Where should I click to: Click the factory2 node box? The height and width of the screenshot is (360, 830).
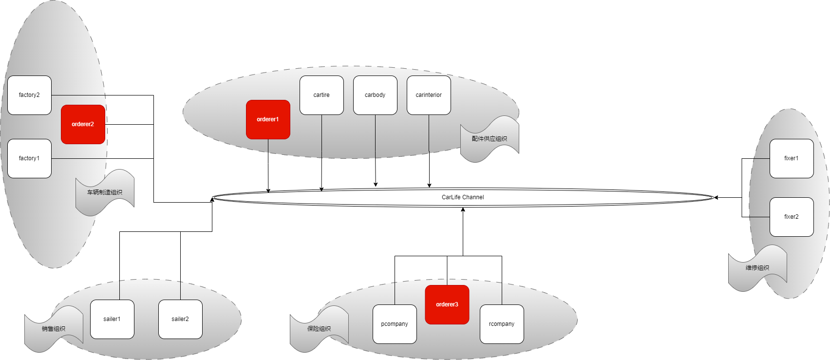pos(29,95)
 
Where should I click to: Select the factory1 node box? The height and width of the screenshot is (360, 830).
pos(29,158)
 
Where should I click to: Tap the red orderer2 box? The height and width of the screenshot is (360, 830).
pos(83,124)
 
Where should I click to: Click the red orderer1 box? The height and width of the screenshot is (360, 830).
pos(268,119)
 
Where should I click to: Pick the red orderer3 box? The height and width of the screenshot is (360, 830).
pos(447,304)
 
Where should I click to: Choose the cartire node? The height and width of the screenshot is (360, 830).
pos(321,95)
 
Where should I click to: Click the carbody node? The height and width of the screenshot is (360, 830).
pos(375,95)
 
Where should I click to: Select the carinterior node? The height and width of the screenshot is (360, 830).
pos(429,95)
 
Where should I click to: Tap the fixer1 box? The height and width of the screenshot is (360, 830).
pos(792,158)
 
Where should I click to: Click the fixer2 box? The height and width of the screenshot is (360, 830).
pos(792,217)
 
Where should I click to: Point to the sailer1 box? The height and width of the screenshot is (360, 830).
pos(112,319)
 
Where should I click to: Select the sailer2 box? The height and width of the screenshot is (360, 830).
pos(180,319)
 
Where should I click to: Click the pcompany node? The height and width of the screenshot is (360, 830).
pos(395,324)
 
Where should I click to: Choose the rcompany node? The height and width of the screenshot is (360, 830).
pos(502,324)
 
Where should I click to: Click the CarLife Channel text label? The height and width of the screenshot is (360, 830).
pos(463,197)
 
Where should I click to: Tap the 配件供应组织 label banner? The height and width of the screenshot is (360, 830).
pos(490,139)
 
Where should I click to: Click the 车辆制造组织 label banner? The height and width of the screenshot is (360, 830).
pos(105,192)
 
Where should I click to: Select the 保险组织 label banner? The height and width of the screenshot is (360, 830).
pos(319,329)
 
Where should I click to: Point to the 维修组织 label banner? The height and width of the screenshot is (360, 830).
pos(757,268)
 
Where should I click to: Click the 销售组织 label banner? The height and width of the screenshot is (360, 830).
pos(54,329)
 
